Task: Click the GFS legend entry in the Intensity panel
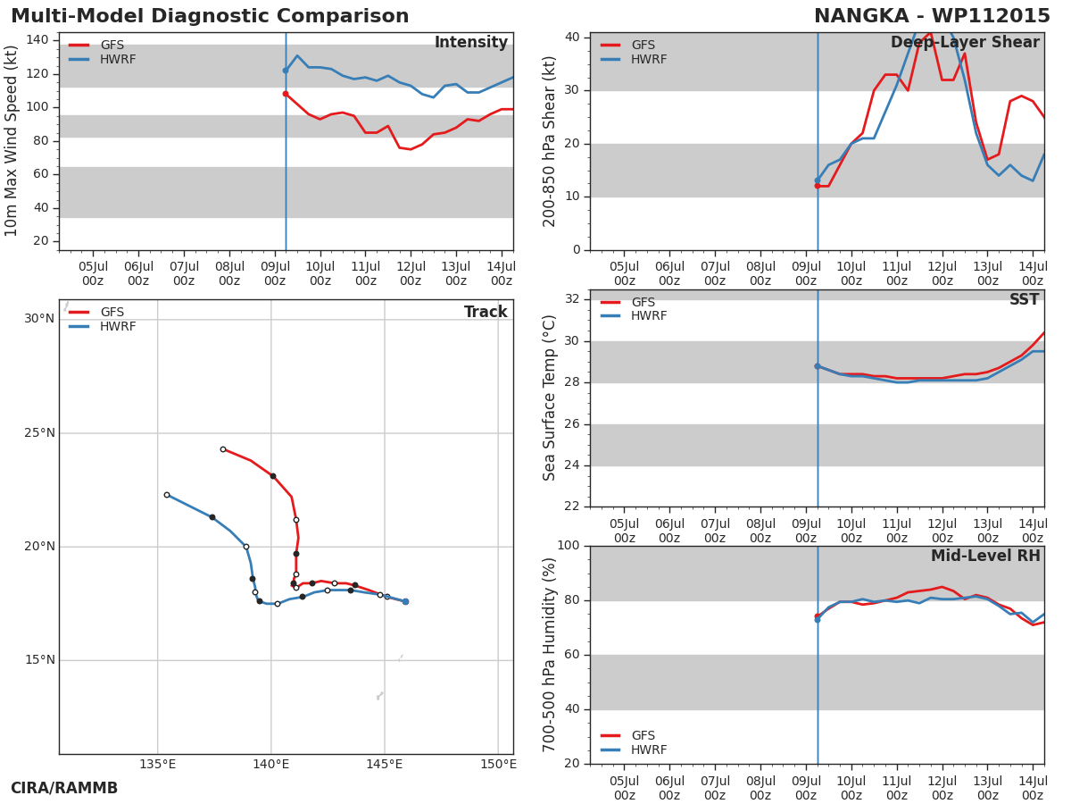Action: click(96, 45)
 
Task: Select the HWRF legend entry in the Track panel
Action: click(102, 326)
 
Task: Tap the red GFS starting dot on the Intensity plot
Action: click(286, 94)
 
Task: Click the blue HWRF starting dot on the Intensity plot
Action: click(286, 71)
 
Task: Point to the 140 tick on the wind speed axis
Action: click(37, 40)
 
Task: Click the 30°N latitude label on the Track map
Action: click(39, 319)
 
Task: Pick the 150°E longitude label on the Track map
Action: click(498, 764)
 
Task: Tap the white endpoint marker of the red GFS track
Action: click(223, 449)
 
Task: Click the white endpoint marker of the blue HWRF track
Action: click(167, 495)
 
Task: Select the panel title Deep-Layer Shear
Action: click(965, 43)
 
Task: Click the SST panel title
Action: click(1025, 299)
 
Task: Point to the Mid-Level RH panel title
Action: click(985, 556)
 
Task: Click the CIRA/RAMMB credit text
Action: click(64, 788)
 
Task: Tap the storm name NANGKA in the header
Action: click(861, 16)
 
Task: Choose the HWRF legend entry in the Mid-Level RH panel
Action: click(634, 750)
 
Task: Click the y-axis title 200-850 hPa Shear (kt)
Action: click(549, 141)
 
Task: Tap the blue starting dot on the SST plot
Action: click(818, 366)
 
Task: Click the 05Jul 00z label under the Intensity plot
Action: click(93, 273)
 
